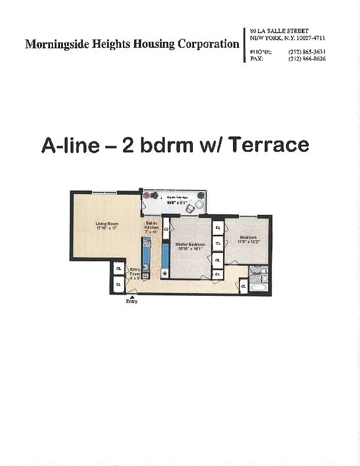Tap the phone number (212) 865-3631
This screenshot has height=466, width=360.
(x=306, y=52)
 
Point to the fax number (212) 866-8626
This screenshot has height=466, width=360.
(x=306, y=59)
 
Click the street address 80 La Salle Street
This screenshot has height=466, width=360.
(x=279, y=30)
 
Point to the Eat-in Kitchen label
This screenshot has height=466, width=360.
(x=151, y=228)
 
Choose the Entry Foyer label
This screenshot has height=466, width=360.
(x=135, y=273)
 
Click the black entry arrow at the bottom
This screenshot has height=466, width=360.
(x=132, y=296)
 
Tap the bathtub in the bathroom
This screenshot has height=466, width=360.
(x=257, y=287)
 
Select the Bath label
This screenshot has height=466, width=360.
(x=257, y=272)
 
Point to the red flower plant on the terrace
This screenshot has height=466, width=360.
(x=200, y=196)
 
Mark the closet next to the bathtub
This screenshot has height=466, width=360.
(x=242, y=286)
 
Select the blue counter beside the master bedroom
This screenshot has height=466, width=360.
(x=165, y=256)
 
